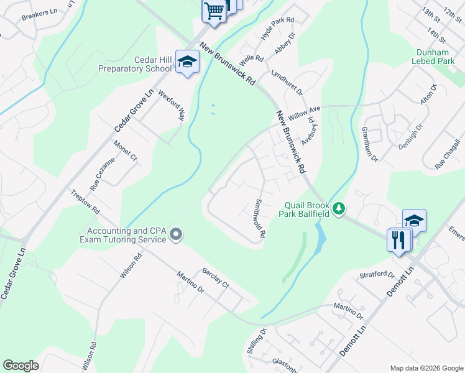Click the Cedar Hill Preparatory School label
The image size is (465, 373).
[136, 64]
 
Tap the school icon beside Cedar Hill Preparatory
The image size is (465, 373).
[186, 62]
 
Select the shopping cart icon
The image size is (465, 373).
[214, 11]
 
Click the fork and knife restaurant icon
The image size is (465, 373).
[398, 239]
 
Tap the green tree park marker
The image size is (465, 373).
[339, 209]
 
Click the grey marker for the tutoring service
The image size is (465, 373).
[177, 234]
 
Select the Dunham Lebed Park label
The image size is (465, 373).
[433, 57]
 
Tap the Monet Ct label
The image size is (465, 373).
[125, 151]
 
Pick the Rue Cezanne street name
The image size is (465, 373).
[103, 174]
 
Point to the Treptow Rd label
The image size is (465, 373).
[85, 202]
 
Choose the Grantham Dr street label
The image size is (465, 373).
[369, 144]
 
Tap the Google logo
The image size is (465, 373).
[21, 366]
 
